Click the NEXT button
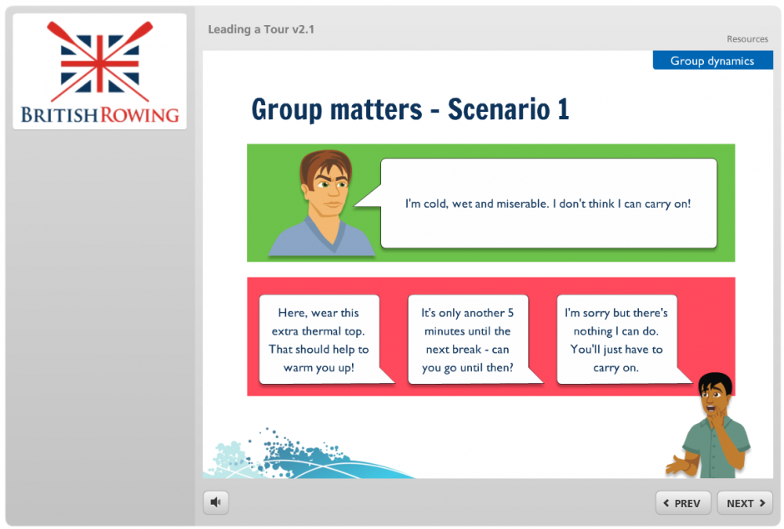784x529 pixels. pos(745,503)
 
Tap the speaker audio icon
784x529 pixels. pos(215,502)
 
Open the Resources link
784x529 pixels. pos(747,39)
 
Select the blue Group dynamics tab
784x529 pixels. pos(712,61)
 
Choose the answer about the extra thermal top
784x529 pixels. pos(319,340)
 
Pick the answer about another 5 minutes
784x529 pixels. pos(468,340)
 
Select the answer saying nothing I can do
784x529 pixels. pos(616,340)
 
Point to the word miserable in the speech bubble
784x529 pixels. pos(522,204)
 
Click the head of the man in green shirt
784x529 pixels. pos(716,393)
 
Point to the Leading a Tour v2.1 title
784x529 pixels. pos(261,29)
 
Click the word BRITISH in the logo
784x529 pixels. pos(59,115)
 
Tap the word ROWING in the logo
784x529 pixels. pos(139,115)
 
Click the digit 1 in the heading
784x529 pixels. pos(564,109)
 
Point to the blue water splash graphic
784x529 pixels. pos(300,455)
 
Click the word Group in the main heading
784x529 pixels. pos(287,110)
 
